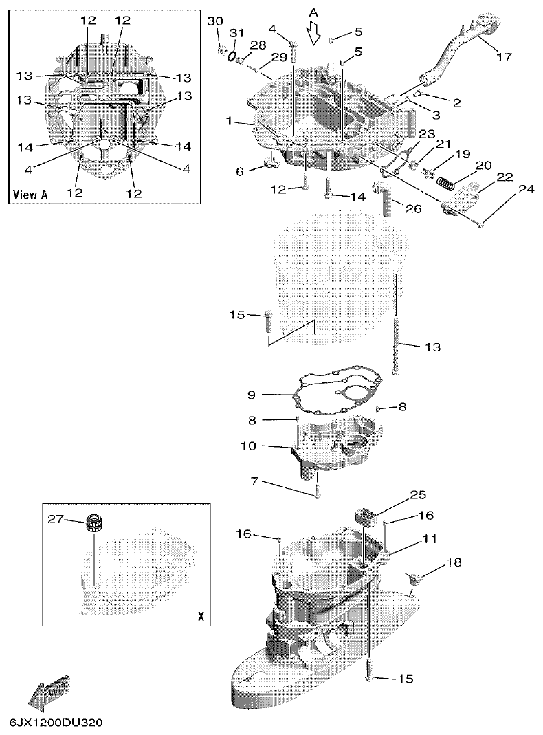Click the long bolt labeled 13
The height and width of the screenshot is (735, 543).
pos(396,323)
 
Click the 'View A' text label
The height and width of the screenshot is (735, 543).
pos(30,195)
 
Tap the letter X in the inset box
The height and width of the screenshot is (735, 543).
pos(200,617)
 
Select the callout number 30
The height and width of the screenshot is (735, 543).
pos(215,21)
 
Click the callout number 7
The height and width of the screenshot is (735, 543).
pos(254,482)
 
